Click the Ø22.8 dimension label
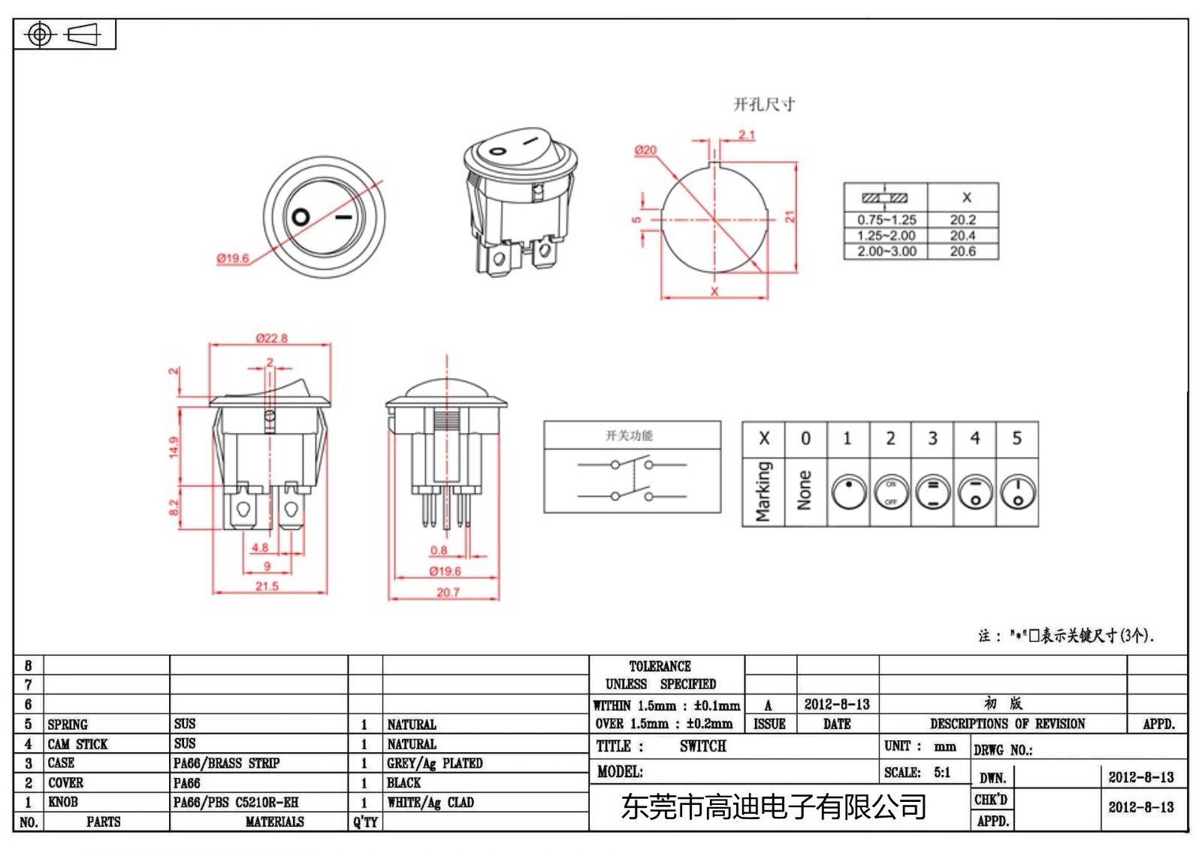pos(271,338)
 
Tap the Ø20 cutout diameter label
pos(645,150)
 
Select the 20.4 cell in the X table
pos(962,236)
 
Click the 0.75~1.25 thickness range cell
pos(886,220)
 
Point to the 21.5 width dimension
pos(267,586)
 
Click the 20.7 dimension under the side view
pos(448,592)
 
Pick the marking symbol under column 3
pos(933,493)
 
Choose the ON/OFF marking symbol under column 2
pos(891,493)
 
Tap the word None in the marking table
pos(805,490)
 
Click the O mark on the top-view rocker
pos(300,217)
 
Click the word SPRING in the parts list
pos(68,724)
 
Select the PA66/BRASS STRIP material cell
pos(226,764)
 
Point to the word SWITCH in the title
pos(702,746)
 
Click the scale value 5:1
pos(942,773)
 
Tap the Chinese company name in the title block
pos(773,807)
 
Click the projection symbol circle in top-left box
pos(40,35)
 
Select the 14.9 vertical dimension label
pos(174,447)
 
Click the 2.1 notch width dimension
pos(746,135)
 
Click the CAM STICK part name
pos(77,744)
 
